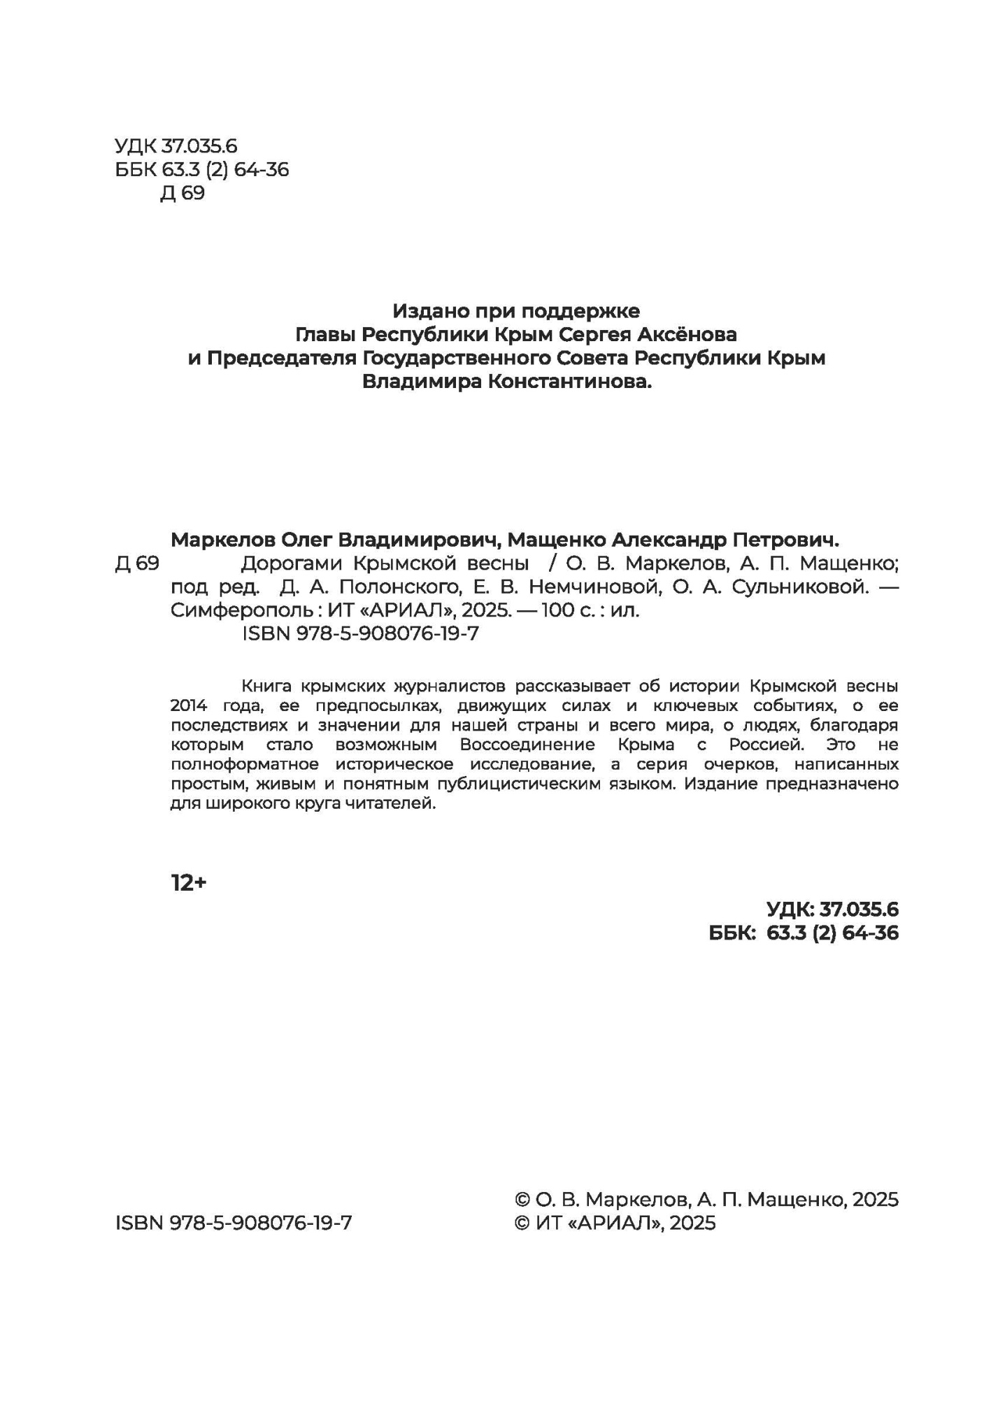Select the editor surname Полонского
(363, 587)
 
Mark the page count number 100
(557, 610)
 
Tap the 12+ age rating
(189, 884)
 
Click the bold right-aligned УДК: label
(790, 910)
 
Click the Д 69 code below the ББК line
(183, 193)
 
